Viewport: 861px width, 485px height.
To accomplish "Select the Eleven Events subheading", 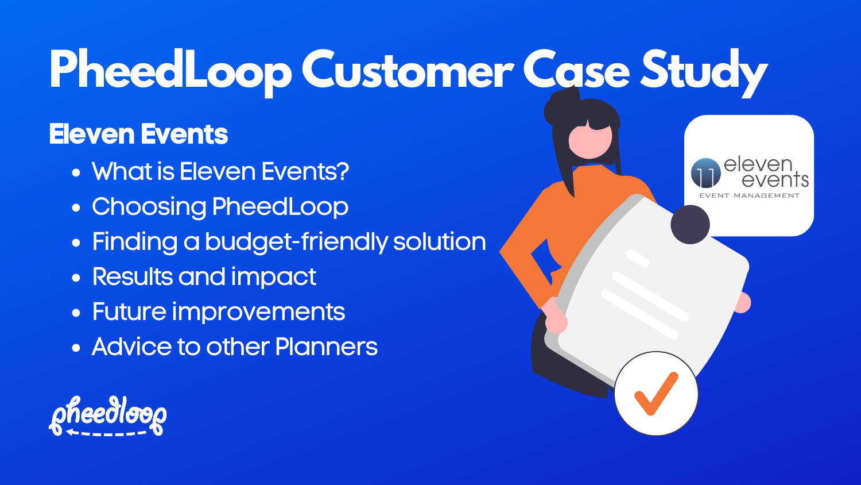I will tap(138, 134).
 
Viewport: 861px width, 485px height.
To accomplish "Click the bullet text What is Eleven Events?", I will tap(220, 172).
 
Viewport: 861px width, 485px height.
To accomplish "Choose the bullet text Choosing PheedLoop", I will tap(220, 207).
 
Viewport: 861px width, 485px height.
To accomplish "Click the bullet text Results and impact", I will tap(204, 277).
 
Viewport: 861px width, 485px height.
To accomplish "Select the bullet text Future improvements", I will tap(218, 312).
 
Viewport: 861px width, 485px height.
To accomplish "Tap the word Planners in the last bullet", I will tap(326, 347).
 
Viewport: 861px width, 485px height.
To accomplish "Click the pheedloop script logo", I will tap(108, 412).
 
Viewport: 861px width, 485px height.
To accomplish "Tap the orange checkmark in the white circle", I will tap(656, 394).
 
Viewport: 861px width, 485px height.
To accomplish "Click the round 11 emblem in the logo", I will tap(705, 173).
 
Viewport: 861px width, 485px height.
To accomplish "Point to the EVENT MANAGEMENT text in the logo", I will tap(749, 196).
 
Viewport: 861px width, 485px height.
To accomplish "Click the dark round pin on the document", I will tap(690, 224).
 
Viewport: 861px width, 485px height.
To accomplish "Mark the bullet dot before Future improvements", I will tap(76, 313).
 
